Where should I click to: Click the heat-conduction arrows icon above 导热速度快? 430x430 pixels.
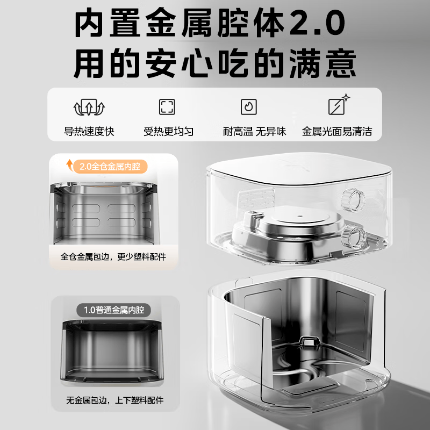pos(89,107)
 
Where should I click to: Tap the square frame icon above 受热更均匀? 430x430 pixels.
pos(167,106)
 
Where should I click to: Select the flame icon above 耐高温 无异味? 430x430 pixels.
pos(249,106)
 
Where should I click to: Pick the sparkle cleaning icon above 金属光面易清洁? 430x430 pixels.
pos(339,104)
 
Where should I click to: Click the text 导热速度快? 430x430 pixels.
pos(89,131)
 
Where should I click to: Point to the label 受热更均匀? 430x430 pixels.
pos(168,131)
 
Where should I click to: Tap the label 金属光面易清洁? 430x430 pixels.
pos(337,131)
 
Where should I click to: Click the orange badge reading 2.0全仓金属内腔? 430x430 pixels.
pos(111,167)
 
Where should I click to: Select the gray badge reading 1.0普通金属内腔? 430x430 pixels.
pos(113,310)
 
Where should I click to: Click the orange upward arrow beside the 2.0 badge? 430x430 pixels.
pos(70,165)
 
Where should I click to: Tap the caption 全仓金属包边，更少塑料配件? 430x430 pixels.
pos(113,257)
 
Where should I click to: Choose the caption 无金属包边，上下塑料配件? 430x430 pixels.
pos(115,400)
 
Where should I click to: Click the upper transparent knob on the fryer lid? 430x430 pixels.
pos(353,200)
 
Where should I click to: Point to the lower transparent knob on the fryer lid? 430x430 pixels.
pos(354,236)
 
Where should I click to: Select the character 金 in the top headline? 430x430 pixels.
pos(161,22)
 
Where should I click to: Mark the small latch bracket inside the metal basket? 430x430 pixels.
pos(310,341)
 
